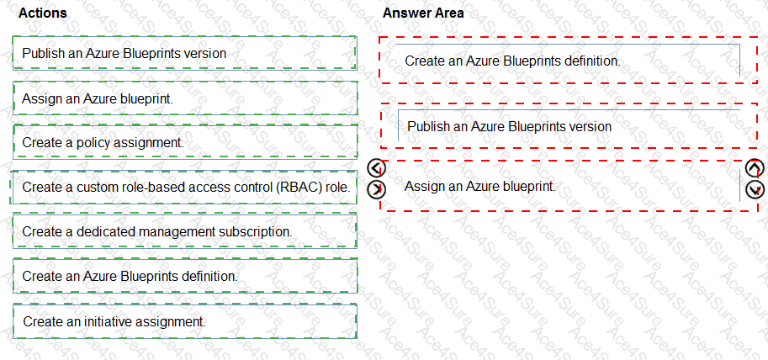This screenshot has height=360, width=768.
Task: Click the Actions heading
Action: point(42,13)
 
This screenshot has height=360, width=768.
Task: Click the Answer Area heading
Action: point(423,13)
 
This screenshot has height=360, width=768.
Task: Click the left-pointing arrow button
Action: point(376,168)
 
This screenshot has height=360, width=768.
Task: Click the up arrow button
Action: point(754,168)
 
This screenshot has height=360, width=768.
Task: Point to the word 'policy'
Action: point(94,143)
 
